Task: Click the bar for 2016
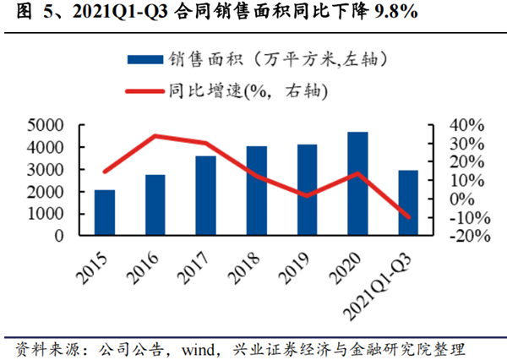coord(155,205)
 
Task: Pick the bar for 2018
coord(256,191)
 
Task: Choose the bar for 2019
coord(307,190)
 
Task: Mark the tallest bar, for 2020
coord(357,183)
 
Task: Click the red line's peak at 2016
coord(155,135)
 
